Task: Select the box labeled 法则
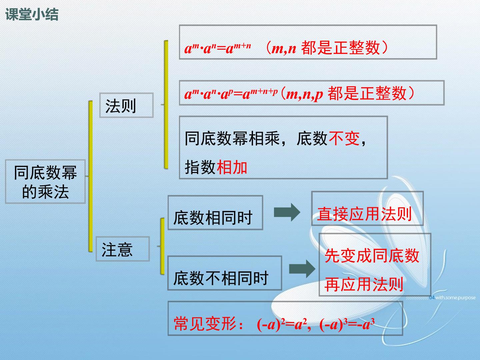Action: click(x=126, y=105)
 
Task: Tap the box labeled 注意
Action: click(x=123, y=249)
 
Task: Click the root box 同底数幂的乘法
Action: click(x=45, y=182)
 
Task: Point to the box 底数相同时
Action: click(x=215, y=213)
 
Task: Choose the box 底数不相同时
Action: click(x=225, y=273)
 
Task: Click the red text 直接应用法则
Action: click(x=365, y=214)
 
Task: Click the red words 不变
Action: click(x=344, y=139)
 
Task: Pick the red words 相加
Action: click(x=232, y=167)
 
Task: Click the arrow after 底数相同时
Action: click(x=287, y=212)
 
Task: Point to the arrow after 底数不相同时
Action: click(x=302, y=269)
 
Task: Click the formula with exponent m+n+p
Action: click(x=231, y=94)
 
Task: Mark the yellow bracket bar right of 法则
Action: click(x=166, y=105)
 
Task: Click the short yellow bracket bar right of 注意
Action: click(x=162, y=246)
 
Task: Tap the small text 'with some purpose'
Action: click(x=452, y=297)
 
